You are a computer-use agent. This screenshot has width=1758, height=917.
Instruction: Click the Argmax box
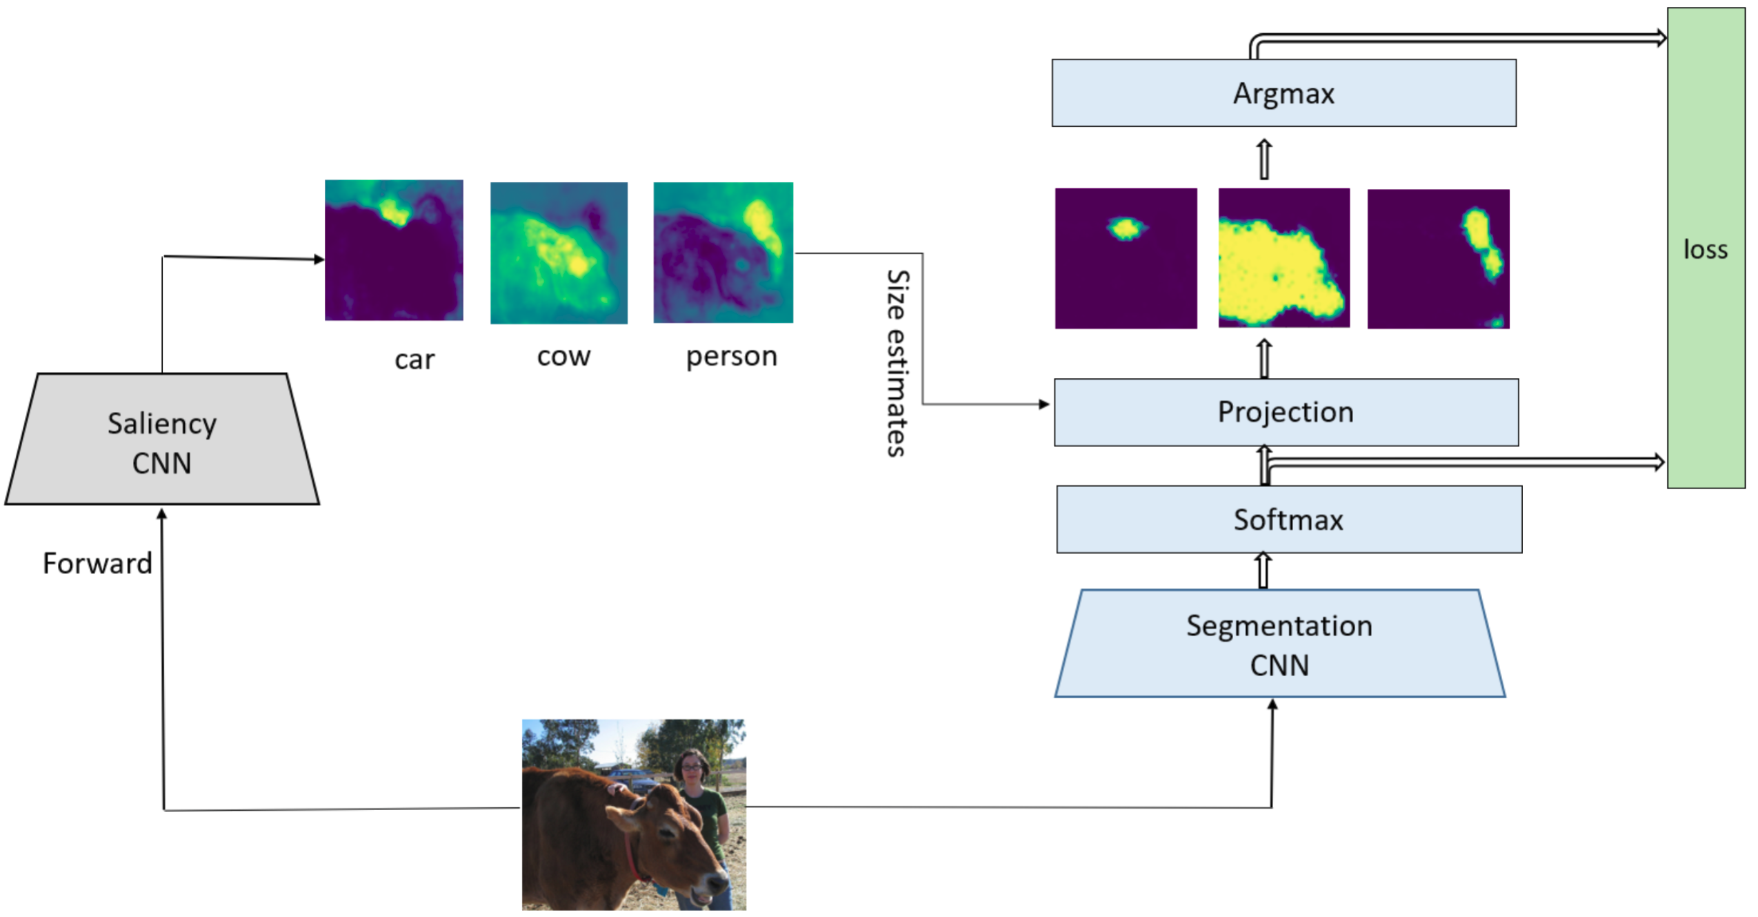coord(1283,92)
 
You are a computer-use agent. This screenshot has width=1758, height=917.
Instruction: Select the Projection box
coord(1285,411)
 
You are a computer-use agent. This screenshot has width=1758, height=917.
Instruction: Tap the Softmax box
coord(1288,519)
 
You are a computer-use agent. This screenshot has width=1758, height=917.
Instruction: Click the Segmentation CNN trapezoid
coord(1279,643)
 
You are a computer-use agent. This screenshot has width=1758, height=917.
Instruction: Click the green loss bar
coord(1705,248)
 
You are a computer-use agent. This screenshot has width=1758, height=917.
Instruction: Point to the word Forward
coord(97,563)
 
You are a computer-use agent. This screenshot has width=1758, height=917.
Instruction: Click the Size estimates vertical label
coord(897,362)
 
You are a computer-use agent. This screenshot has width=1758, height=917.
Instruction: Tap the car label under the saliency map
coord(414,359)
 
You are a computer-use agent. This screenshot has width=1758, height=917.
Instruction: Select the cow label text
coord(563,356)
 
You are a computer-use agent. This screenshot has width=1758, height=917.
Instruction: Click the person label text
coord(731,356)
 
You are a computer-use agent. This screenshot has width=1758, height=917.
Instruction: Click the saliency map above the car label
coord(394,250)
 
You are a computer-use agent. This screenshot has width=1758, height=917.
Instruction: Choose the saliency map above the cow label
coord(559,253)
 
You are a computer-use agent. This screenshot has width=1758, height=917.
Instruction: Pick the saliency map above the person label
coord(723,253)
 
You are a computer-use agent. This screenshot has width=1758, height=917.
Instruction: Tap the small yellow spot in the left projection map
coord(1126,228)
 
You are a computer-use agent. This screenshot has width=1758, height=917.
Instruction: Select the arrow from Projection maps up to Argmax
coord(1263,159)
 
